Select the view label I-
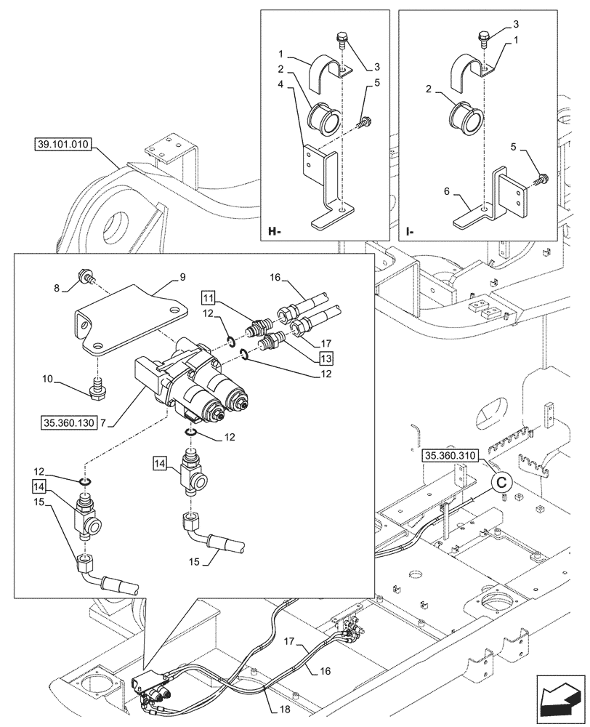click(411, 233)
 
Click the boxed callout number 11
click(209, 298)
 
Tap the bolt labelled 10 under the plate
click(96, 390)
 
